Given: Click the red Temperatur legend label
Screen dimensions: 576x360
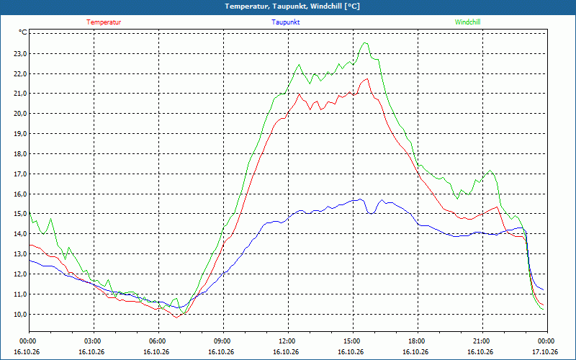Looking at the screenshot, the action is pyautogui.click(x=104, y=22).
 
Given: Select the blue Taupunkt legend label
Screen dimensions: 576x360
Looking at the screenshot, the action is pyautogui.click(x=285, y=22).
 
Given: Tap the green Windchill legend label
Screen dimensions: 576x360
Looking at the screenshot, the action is pyautogui.click(x=467, y=22).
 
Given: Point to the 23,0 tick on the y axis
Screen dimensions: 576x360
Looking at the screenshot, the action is pyautogui.click(x=21, y=53).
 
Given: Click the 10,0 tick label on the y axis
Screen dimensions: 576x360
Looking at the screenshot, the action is pyautogui.click(x=21, y=314).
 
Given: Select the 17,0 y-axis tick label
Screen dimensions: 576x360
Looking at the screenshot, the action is pyautogui.click(x=21, y=174).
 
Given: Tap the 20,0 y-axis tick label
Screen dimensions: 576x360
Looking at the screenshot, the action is pyautogui.click(x=21, y=114).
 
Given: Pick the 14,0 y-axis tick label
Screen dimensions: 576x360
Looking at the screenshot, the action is pyautogui.click(x=21, y=233).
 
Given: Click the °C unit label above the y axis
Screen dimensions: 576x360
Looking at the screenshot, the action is pyautogui.click(x=23, y=32).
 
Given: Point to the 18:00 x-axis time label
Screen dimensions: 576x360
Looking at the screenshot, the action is pyautogui.click(x=418, y=341).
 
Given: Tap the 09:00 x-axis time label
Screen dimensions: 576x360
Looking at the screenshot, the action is pyautogui.click(x=223, y=341).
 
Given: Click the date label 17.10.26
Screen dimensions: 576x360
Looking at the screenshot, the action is pyautogui.click(x=545, y=352).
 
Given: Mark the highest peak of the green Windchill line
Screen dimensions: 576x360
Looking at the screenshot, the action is pyautogui.click(x=365, y=42).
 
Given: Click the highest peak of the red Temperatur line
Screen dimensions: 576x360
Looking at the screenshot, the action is pyautogui.click(x=367, y=78).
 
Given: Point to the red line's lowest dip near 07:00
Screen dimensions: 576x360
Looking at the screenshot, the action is pyautogui.click(x=176, y=318).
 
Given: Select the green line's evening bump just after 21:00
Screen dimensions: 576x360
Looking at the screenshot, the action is pyautogui.click(x=490, y=170).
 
